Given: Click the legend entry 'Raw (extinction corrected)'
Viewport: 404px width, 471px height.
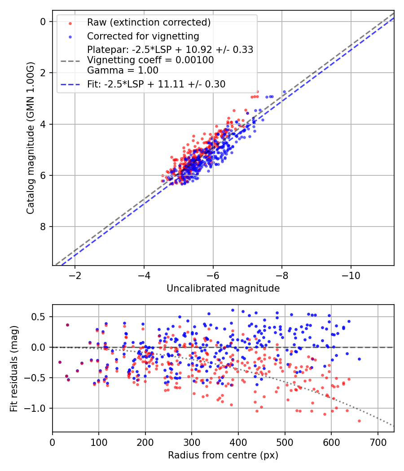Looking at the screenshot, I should click(149, 22).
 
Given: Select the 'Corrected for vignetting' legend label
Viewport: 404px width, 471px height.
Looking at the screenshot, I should click(143, 36).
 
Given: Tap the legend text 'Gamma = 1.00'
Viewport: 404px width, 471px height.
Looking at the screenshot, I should click(123, 70).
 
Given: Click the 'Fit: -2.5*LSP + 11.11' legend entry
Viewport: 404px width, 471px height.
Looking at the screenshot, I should click(156, 84).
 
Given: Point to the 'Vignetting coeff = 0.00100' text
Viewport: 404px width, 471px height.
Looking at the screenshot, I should click(150, 60).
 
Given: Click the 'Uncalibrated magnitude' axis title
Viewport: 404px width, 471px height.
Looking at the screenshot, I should click(223, 288).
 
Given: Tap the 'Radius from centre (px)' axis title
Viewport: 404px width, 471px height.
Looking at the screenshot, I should click(223, 455).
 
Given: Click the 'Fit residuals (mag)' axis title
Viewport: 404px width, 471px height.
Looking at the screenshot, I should click(14, 368).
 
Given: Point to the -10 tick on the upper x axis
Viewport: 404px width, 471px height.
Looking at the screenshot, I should click(351, 275).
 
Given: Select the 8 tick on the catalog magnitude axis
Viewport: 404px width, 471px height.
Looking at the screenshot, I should click(43, 227).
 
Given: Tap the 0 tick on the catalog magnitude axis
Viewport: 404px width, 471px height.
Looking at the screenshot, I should click(43, 22).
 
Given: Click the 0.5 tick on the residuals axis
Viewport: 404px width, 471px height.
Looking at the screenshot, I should click(40, 317).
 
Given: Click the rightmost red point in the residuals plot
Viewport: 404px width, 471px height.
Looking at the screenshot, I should click(359, 421).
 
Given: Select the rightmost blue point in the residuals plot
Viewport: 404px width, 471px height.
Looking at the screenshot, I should click(359, 359).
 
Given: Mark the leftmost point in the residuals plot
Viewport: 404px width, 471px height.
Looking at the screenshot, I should click(60, 362).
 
